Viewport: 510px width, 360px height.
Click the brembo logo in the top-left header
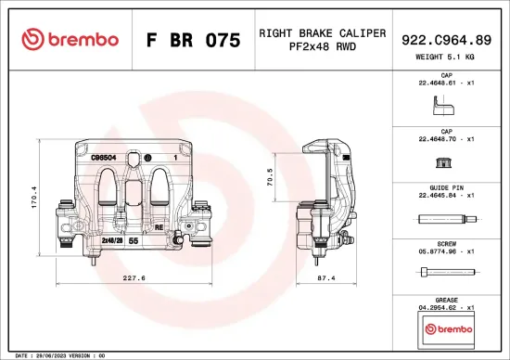70,39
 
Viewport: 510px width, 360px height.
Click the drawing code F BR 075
194,40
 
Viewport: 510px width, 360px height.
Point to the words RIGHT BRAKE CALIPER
322,32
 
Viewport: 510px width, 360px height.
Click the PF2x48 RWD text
322,47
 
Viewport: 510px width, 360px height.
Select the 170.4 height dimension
35,197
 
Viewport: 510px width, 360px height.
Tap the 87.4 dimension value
326,277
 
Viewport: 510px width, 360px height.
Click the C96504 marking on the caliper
103,159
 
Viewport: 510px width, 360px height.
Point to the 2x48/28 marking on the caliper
113,239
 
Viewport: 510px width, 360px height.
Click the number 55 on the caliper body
134,240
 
